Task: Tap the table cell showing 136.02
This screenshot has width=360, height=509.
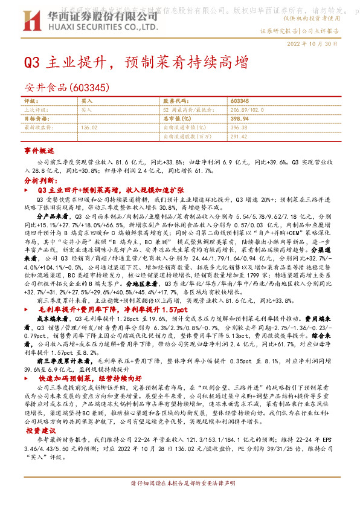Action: tap(89, 128)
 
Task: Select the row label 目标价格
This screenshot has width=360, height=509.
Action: tap(34, 119)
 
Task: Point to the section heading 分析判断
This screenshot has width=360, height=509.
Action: tap(39, 180)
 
